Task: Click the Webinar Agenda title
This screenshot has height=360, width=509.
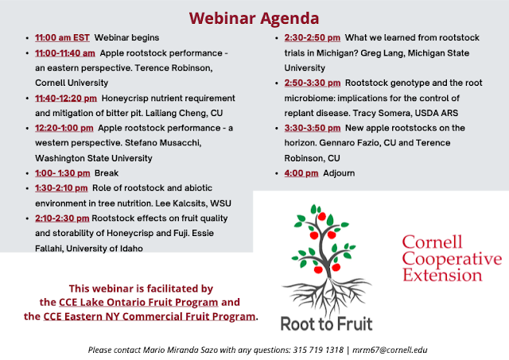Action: [254, 18]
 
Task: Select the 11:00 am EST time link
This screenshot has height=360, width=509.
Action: [62, 37]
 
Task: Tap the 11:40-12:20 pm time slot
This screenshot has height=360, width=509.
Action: [66, 99]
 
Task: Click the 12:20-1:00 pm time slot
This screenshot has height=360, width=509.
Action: [64, 128]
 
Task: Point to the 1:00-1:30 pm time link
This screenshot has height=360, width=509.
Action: [63, 173]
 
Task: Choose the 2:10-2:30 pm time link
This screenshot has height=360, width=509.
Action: [62, 219]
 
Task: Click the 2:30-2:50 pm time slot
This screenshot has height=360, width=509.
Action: [313, 37]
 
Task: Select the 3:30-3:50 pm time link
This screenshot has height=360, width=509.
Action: [313, 128]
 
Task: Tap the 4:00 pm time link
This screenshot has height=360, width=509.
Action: [301, 173]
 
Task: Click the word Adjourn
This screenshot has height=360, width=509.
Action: [339, 173]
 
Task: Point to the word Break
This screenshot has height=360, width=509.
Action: [107, 173]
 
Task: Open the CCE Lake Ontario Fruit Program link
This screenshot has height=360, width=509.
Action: [138, 302]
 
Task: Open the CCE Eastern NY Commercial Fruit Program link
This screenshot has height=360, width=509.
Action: [150, 316]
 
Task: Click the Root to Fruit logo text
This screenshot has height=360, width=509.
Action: [327, 324]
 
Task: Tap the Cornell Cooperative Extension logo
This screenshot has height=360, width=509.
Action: [452, 258]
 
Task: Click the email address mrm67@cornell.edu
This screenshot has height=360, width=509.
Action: [390, 350]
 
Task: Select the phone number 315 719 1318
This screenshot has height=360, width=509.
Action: [318, 350]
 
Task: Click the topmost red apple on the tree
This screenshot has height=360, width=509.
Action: [321, 216]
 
